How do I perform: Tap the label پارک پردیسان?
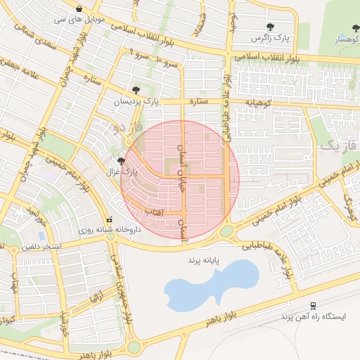[137, 102]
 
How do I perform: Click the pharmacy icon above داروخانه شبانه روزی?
[108, 218]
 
